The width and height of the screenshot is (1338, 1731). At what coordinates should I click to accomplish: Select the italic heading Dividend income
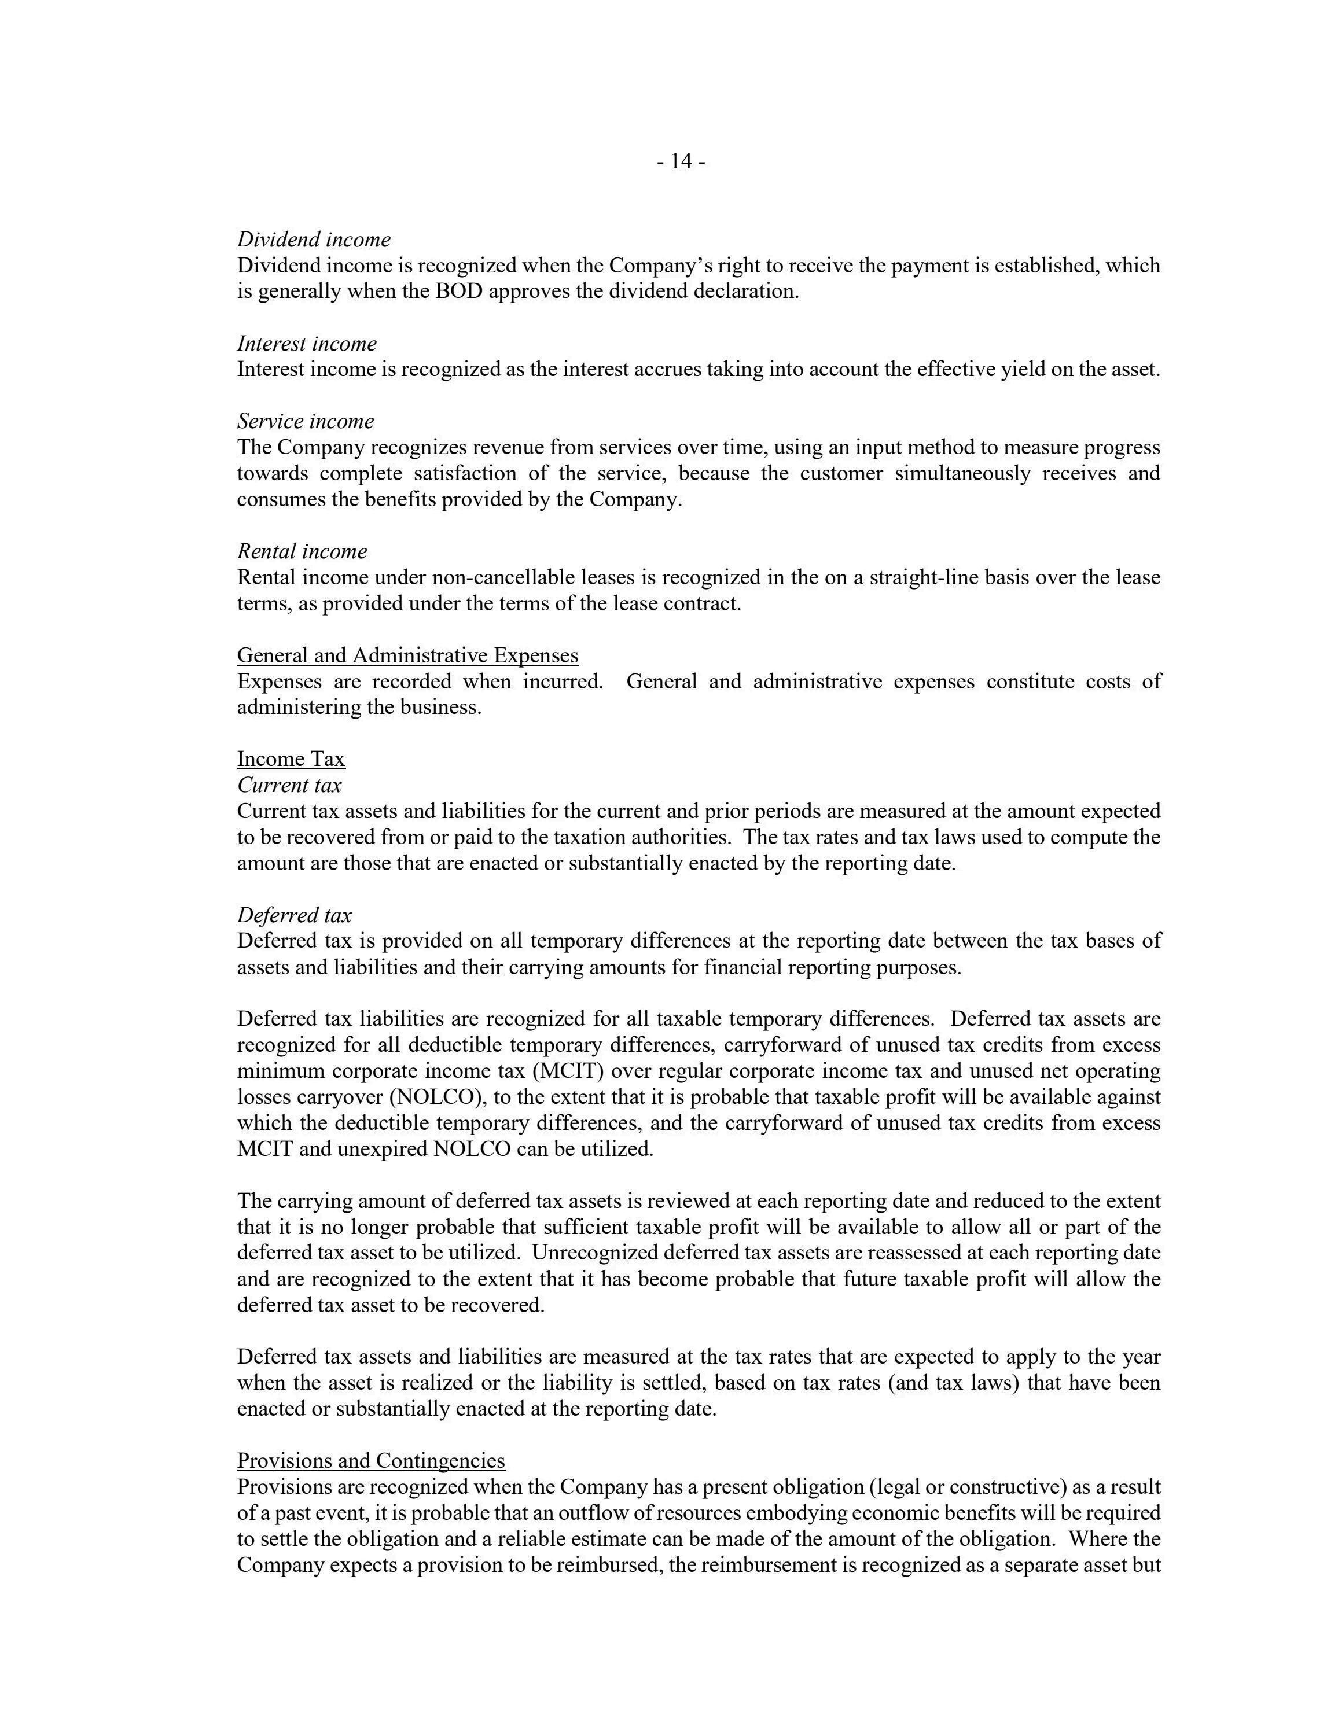tap(314, 240)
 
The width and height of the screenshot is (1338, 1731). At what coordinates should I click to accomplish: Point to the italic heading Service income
tap(305, 421)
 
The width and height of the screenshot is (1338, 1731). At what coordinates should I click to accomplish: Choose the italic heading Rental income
tap(302, 551)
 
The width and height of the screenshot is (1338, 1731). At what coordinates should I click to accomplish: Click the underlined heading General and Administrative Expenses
tap(407, 655)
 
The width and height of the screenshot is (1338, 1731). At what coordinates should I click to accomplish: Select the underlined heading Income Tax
tap(291, 758)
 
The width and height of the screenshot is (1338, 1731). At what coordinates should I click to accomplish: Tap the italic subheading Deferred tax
tap(294, 915)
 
